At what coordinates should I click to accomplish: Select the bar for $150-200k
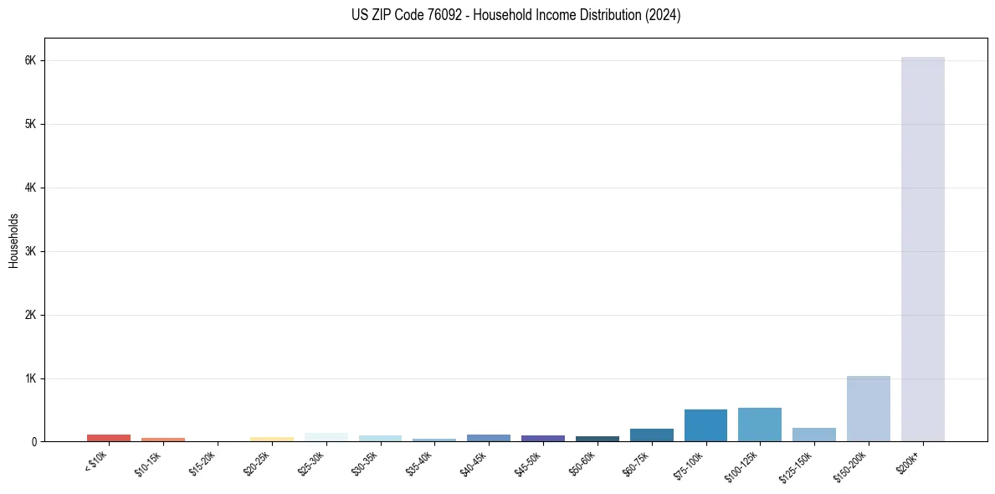click(868, 409)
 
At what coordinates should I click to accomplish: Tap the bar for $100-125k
click(759, 425)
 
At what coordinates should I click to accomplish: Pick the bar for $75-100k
click(705, 425)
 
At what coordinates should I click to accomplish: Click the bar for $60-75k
click(651, 435)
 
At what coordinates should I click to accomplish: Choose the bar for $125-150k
click(813, 435)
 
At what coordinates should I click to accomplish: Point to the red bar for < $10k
click(109, 438)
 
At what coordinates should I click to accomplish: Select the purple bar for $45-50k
click(542, 438)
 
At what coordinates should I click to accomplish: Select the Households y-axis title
click(13, 240)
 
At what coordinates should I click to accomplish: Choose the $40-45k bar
click(488, 438)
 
